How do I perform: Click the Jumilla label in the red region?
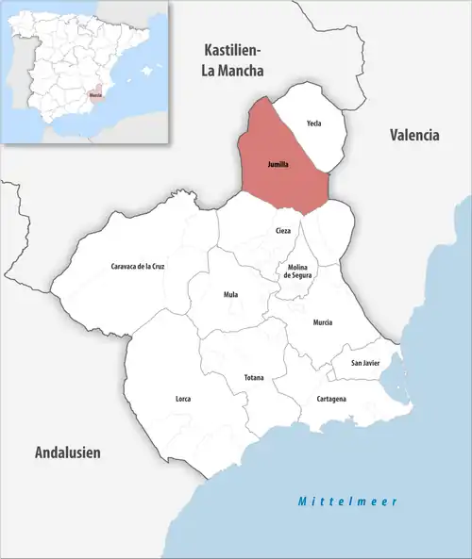coord(278,165)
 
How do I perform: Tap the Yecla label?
coord(314,123)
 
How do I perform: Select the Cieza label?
coord(283,230)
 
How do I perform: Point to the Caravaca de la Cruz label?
coord(138,267)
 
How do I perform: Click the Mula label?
coord(230,295)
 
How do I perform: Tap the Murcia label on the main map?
coord(324,322)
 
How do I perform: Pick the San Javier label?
coord(365,363)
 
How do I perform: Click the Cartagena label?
coord(330,399)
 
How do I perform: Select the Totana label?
coord(254,378)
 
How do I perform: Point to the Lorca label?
coord(183,399)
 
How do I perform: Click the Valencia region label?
coord(414,136)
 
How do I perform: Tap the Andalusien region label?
coord(67,453)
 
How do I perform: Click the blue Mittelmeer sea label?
coord(344,501)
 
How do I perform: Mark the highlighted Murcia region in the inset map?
coord(95,93)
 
